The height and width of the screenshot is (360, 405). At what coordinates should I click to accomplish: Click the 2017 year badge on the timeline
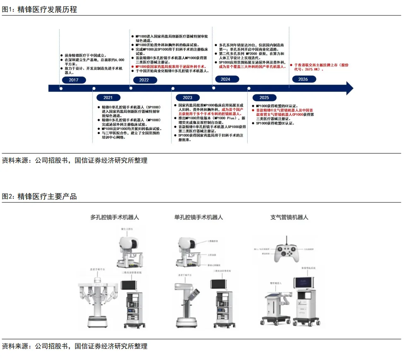[x=74, y=80]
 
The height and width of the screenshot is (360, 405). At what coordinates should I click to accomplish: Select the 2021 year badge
[x=108, y=98]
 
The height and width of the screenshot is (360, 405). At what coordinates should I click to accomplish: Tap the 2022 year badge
[x=144, y=80]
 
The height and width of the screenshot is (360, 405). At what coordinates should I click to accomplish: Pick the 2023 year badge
[x=187, y=98]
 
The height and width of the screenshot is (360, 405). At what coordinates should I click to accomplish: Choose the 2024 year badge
[x=225, y=79]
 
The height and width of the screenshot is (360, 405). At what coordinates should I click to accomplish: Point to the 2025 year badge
[x=264, y=98]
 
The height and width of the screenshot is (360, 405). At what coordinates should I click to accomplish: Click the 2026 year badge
[x=303, y=79]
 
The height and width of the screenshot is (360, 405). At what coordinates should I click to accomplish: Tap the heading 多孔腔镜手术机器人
[x=115, y=217]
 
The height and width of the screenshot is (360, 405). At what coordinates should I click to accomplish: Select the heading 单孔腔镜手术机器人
[x=199, y=217]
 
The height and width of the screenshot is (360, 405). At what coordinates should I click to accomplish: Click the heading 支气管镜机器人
[x=289, y=217]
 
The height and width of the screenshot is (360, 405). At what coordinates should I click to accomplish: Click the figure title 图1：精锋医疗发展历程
[x=39, y=9]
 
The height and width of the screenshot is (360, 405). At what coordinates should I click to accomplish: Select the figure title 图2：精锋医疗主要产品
[x=39, y=196]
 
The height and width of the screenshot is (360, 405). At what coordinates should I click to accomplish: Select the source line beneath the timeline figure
[x=75, y=160]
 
